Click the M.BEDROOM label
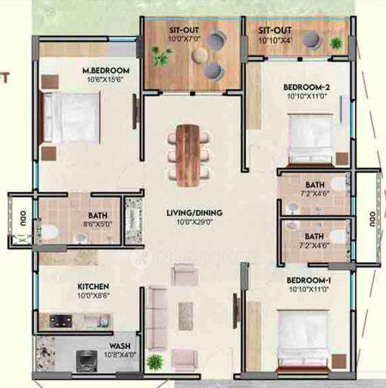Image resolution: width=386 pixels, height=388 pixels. click(x=106, y=71)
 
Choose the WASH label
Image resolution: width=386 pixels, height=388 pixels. click(x=109, y=345)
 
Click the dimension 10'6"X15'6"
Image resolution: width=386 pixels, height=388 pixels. click(x=106, y=80)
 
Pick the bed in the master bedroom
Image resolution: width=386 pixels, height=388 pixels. click(x=70, y=117)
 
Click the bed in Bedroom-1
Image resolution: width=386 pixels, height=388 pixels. click(x=304, y=336)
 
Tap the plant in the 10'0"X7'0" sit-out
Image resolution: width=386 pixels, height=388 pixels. click(x=160, y=55)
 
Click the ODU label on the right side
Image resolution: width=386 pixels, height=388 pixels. click(x=372, y=219)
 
